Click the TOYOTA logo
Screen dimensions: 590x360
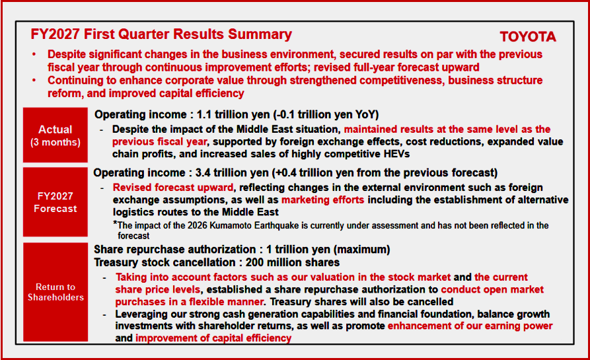pyautogui.click(x=527, y=36)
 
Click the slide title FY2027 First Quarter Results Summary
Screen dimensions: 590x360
pyautogui.click(x=161, y=34)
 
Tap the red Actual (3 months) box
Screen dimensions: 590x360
pyautogui.click(x=55, y=135)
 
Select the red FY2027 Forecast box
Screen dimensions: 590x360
pyautogui.click(x=55, y=202)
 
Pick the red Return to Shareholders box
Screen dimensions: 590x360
pyautogui.click(x=55, y=292)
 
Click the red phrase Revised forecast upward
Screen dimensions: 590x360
pyautogui.click(x=173, y=188)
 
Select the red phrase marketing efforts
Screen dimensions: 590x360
pyautogui.click(x=323, y=199)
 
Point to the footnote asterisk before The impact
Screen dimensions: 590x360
pyautogui.click(x=115, y=223)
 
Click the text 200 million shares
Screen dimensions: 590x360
pyautogui.click(x=293, y=262)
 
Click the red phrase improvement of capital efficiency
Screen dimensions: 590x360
pyautogui.click(x=213, y=338)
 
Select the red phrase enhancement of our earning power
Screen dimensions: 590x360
pyautogui.click(x=470, y=326)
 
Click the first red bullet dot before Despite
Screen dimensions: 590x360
pyautogui.click(x=34, y=55)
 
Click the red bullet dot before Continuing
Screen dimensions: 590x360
pyautogui.click(x=34, y=81)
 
